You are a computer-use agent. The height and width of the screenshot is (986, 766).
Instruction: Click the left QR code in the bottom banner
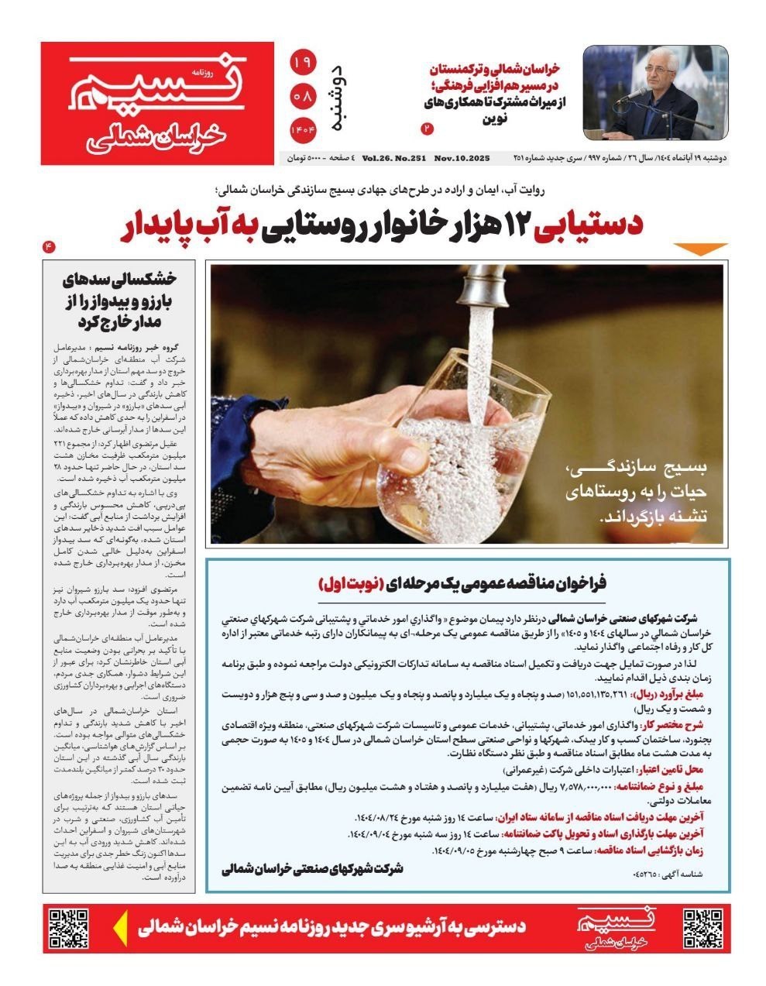[x=68, y=928]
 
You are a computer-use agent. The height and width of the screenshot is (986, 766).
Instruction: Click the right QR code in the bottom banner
[x=702, y=928]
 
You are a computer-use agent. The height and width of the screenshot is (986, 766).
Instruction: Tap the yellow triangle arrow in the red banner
[x=120, y=928]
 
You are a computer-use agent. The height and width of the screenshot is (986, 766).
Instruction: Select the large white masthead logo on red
[x=157, y=103]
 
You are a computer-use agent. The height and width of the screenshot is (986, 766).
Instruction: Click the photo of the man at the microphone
[x=655, y=92]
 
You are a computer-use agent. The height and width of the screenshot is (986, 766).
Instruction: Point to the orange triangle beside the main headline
[x=700, y=249]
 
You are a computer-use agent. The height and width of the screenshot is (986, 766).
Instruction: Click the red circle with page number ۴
[x=49, y=246]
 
